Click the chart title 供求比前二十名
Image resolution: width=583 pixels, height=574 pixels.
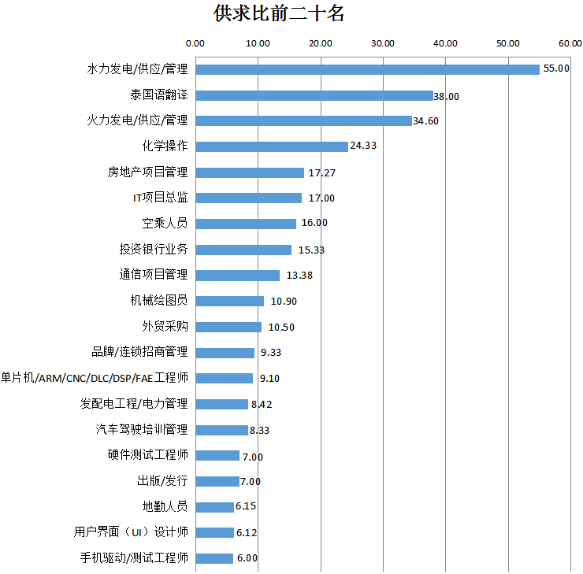[279, 13]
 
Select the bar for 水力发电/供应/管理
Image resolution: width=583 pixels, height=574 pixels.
[367, 69]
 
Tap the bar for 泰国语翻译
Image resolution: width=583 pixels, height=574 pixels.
[314, 95]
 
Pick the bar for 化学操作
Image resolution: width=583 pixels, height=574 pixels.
[271, 146]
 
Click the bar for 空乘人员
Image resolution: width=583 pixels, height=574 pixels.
[245, 224]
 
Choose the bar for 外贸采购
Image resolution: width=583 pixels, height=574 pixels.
[228, 327]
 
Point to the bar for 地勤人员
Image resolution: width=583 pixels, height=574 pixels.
[214, 507]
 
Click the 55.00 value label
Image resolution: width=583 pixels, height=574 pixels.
[556, 69]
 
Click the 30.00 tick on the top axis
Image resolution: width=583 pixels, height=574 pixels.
[383, 43]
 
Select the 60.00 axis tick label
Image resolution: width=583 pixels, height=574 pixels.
[570, 43]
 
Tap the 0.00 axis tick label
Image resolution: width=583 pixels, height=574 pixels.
[195, 43]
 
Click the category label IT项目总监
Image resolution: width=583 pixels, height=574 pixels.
[160, 198]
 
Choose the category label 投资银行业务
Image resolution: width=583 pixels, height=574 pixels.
[154, 250]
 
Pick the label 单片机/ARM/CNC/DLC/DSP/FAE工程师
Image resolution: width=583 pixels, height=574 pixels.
[95, 378]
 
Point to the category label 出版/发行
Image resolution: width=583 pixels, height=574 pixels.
[162, 481]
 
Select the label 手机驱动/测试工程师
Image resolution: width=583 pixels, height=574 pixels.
[134, 558]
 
